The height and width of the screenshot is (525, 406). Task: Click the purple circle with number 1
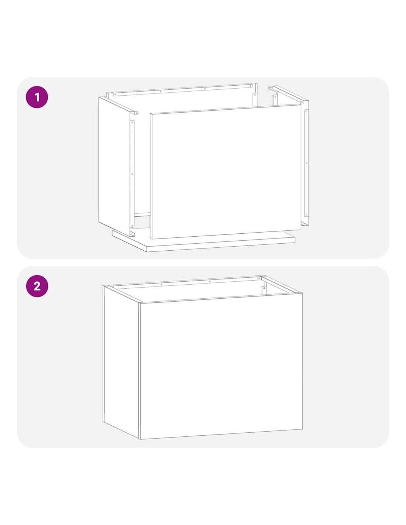coord(37,97)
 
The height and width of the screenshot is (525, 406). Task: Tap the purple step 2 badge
coord(37,286)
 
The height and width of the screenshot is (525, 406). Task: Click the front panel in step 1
coord(226,172)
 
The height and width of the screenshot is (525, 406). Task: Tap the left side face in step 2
coord(121,362)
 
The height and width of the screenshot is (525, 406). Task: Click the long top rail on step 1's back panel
coord(183,89)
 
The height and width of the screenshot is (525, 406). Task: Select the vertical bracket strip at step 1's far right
coord(306,163)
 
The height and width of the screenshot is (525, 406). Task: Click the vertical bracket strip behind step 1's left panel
coord(132,174)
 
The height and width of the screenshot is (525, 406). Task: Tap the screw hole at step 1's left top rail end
coord(136,113)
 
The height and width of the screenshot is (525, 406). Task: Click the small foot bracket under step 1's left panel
coord(132,233)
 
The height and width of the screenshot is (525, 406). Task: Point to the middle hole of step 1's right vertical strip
coord(306,163)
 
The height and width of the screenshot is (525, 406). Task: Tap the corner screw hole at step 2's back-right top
coord(259,279)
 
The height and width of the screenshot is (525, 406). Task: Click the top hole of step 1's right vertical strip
coord(306,111)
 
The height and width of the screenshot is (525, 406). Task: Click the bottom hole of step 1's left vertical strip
coord(132,226)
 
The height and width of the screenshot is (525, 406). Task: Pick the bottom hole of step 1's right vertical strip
coord(306,214)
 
